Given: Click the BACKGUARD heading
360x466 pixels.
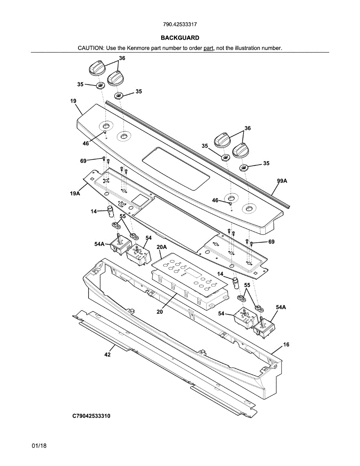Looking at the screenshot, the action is pyautogui.click(x=180, y=38).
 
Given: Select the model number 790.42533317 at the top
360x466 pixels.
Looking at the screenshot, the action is pyautogui.click(x=180, y=24).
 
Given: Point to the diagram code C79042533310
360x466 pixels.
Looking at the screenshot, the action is pyautogui.click(x=91, y=416).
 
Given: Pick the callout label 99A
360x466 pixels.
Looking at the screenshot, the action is pyautogui.click(x=282, y=181).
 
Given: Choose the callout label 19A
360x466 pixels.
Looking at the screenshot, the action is pyautogui.click(x=75, y=193).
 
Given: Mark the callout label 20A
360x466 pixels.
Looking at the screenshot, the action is pyautogui.click(x=162, y=247).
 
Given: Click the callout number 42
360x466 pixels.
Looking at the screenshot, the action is pyautogui.click(x=107, y=355).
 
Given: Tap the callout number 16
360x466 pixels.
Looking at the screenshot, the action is pyautogui.click(x=286, y=344).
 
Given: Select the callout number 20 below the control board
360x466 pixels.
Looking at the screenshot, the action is pyautogui.click(x=160, y=311).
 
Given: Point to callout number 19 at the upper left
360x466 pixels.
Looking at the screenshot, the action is pyautogui.click(x=73, y=101).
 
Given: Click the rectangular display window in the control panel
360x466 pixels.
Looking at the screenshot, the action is pyautogui.click(x=176, y=169).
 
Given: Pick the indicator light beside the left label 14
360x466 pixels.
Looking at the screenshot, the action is pyautogui.click(x=111, y=211).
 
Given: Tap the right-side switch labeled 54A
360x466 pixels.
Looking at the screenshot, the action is pyautogui.click(x=264, y=327).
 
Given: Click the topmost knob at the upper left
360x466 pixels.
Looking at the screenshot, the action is pyautogui.click(x=97, y=68).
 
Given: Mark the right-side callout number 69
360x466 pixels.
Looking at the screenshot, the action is pyautogui.click(x=271, y=242).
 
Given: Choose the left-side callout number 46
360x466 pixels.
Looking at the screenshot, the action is pyautogui.click(x=86, y=143).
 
